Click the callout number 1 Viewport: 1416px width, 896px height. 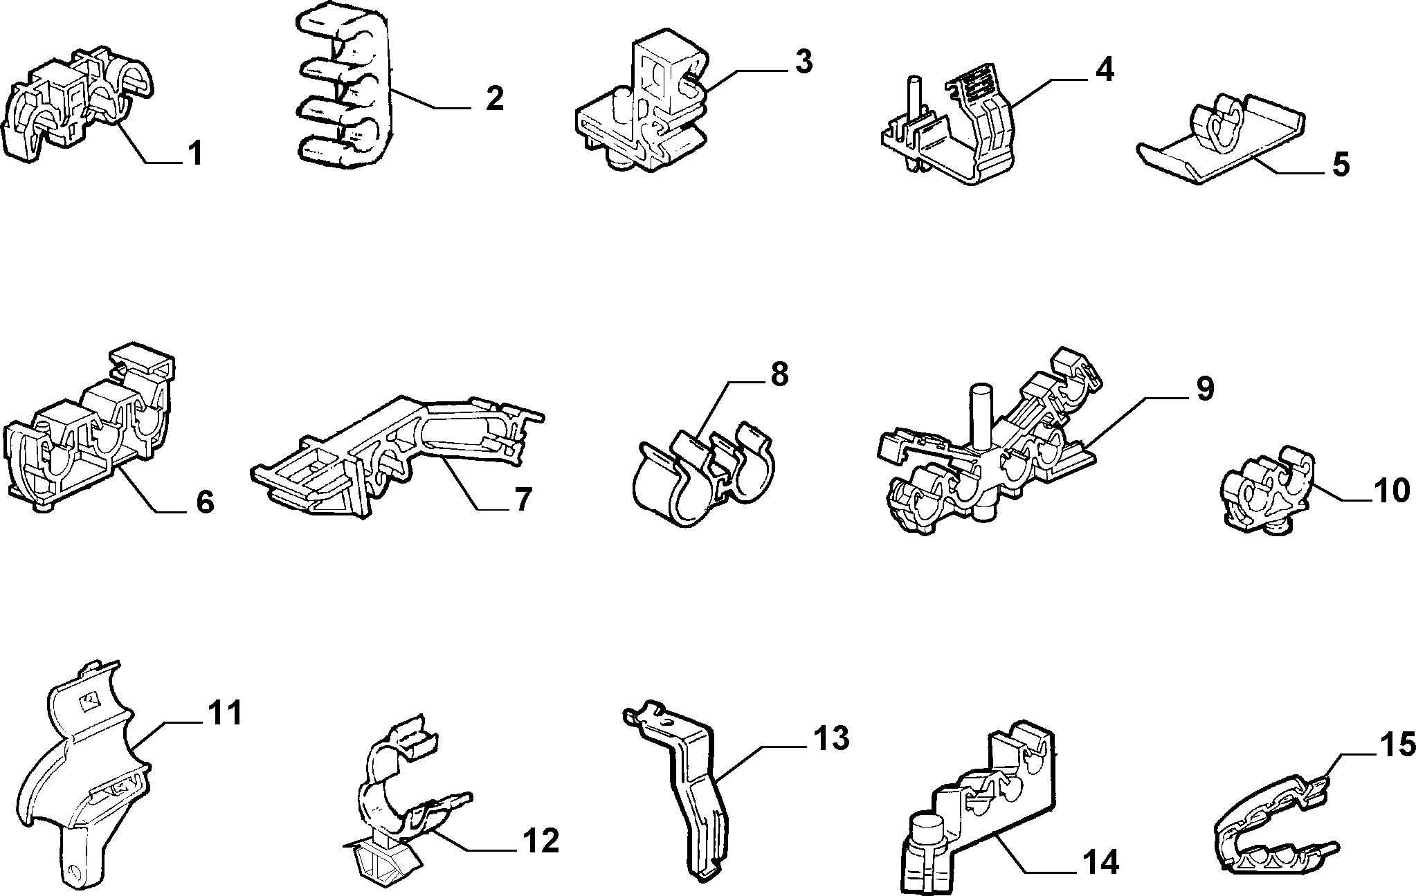[196, 153]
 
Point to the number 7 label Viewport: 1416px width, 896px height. [521, 499]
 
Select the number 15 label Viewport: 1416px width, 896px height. [1391, 745]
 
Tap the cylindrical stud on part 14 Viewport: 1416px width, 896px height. [927, 837]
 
